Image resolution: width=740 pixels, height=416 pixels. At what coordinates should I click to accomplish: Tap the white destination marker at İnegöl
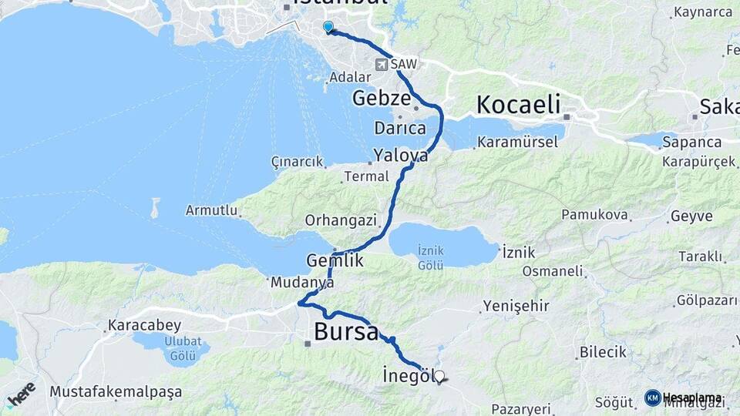tap(439, 377)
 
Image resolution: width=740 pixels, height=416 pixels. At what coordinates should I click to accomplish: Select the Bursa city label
tap(347, 333)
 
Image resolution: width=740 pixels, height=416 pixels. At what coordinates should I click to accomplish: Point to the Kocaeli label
tap(518, 105)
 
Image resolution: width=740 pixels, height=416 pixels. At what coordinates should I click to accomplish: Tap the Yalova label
tap(400, 155)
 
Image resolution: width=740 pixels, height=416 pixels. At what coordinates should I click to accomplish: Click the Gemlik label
tap(335, 260)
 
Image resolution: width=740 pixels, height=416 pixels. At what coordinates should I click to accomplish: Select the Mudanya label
tap(302, 283)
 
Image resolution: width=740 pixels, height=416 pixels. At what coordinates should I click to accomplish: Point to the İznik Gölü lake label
tap(430, 257)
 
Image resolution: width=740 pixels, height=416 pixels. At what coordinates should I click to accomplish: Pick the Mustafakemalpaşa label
tap(116, 391)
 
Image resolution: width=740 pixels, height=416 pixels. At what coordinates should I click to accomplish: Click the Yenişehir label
tap(516, 307)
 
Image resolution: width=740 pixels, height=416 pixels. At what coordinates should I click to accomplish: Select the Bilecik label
tap(600, 352)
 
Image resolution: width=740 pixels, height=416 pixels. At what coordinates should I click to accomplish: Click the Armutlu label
tap(210, 210)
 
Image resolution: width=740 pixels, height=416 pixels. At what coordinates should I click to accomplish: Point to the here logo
tap(21, 394)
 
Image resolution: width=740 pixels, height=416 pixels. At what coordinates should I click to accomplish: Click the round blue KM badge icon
tap(652, 398)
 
